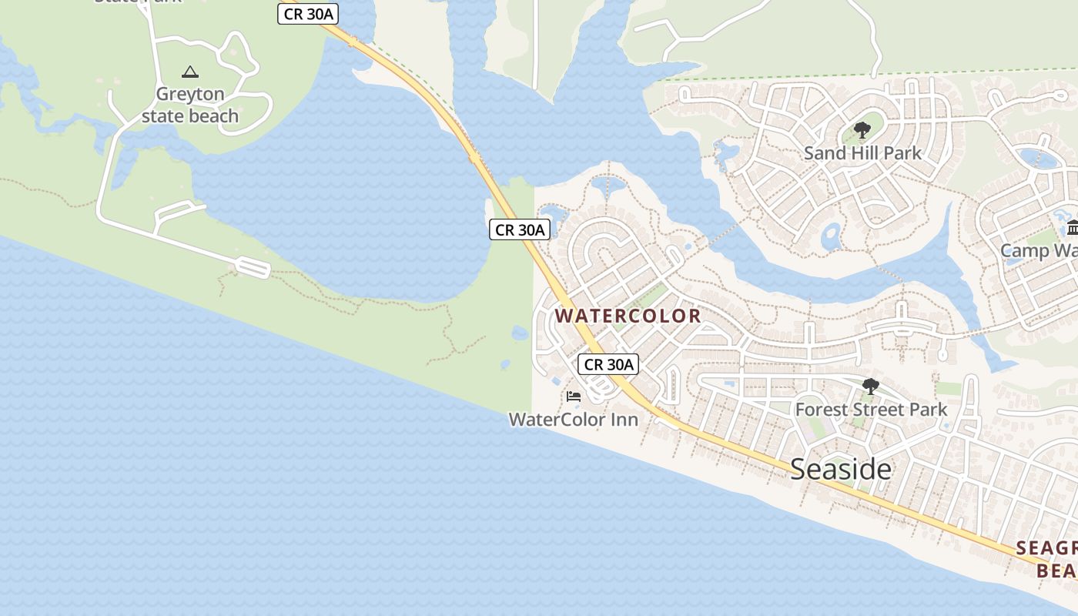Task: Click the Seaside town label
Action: [x=841, y=469]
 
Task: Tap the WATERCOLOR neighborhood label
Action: [x=628, y=316]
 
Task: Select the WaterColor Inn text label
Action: [x=574, y=420]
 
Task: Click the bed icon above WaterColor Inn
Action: [x=573, y=397]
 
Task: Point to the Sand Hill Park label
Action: [x=862, y=152]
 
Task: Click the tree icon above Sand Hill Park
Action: [x=862, y=130]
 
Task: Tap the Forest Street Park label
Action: [x=871, y=409]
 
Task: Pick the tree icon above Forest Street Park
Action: [x=870, y=387]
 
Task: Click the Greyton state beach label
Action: [x=190, y=105]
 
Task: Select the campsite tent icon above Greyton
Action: [x=189, y=72]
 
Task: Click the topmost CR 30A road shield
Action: [x=308, y=14]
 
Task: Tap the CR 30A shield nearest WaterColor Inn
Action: [x=608, y=364]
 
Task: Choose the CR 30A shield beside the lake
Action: [x=520, y=229]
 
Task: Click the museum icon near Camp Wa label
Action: [x=1072, y=228]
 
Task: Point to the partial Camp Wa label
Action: [x=1039, y=251]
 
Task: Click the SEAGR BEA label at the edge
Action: [x=1047, y=559]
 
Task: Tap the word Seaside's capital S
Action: [x=798, y=469]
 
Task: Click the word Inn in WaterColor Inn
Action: [x=623, y=420]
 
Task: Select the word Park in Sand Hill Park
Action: [x=902, y=152]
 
